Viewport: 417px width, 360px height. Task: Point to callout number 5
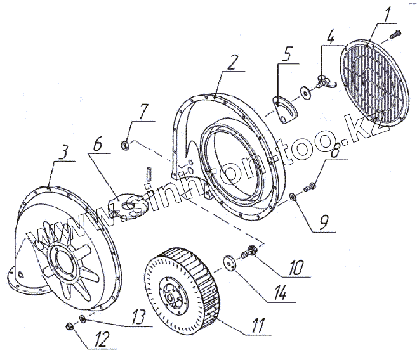(288, 54)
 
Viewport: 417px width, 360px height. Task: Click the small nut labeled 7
(127, 146)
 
